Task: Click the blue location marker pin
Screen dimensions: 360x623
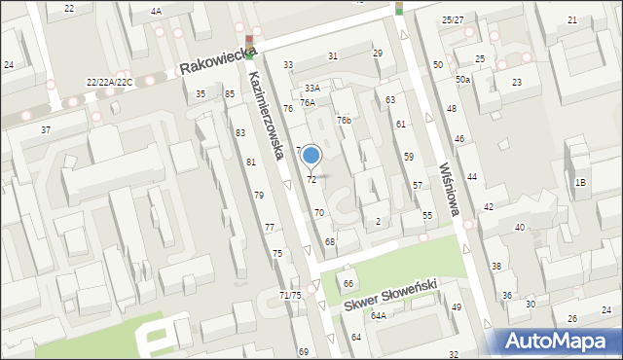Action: (311, 156)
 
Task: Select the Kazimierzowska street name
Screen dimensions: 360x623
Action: (265, 115)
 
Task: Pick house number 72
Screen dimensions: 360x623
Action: (311, 180)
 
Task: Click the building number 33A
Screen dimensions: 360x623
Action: (311, 88)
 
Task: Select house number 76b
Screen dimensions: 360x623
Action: (344, 120)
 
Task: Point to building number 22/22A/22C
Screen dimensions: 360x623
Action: (110, 83)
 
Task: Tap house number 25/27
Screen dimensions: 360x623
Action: (453, 19)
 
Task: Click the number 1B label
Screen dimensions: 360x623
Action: (581, 183)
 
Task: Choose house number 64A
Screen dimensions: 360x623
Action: (378, 316)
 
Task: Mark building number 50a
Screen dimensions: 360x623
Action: (462, 79)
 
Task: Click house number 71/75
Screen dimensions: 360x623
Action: (290, 295)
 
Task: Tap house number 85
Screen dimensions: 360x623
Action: (230, 93)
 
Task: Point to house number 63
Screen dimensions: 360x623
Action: (390, 99)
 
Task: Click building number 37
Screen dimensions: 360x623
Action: (45, 129)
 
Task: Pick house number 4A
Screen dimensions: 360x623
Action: (156, 11)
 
